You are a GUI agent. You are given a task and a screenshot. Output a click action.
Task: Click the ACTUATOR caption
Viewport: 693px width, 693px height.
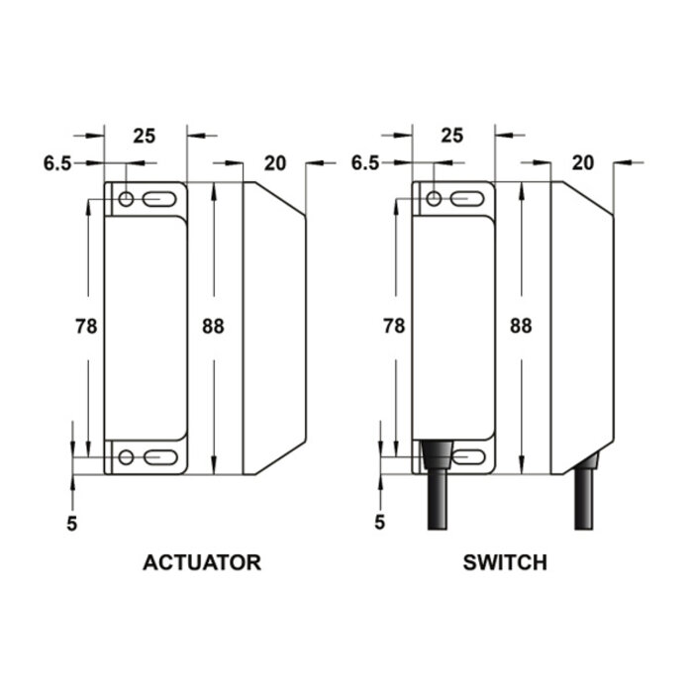click(x=202, y=563)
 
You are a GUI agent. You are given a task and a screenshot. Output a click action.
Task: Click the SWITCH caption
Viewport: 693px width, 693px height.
click(x=505, y=563)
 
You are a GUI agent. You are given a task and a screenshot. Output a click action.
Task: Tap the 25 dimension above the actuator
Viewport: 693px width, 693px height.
click(x=144, y=137)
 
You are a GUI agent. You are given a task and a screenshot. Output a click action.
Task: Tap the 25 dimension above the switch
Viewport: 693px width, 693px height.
click(x=451, y=137)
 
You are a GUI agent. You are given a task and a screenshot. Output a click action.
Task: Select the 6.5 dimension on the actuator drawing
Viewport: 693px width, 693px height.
click(x=57, y=163)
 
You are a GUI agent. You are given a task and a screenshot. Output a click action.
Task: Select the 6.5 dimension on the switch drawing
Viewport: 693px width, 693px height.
click(x=365, y=163)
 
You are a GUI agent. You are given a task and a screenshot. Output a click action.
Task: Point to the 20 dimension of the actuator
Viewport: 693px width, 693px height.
click(x=275, y=163)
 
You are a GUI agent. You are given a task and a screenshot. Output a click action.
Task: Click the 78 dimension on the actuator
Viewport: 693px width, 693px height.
click(x=87, y=325)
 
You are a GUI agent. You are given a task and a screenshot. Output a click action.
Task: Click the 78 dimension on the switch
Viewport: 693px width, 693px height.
click(x=394, y=325)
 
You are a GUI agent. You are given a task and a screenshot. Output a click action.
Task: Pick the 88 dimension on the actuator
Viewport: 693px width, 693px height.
click(x=212, y=325)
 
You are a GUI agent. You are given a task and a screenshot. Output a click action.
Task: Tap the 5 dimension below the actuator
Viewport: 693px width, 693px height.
click(x=72, y=522)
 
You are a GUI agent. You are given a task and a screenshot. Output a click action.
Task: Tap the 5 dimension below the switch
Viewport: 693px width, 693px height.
click(x=380, y=522)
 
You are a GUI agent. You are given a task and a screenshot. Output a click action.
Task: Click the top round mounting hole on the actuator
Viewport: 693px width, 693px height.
click(x=126, y=200)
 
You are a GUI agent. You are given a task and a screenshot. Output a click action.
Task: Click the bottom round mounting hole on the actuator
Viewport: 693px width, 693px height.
click(x=126, y=456)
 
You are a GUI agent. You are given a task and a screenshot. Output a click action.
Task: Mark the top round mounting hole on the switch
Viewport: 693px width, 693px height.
click(x=434, y=200)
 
